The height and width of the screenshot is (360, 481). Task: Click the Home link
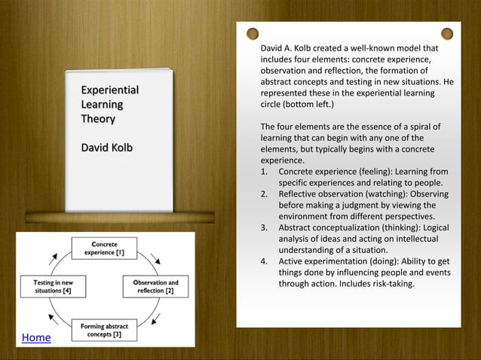[36, 338]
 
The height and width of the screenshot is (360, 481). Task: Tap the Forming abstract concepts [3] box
[103, 330]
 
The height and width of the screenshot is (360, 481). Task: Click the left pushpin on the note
[253, 33]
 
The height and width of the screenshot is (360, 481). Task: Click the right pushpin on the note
[447, 33]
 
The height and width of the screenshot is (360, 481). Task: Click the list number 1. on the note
[265, 171]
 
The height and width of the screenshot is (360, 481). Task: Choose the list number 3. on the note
[265, 227]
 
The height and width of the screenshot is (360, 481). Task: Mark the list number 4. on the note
[265, 262]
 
